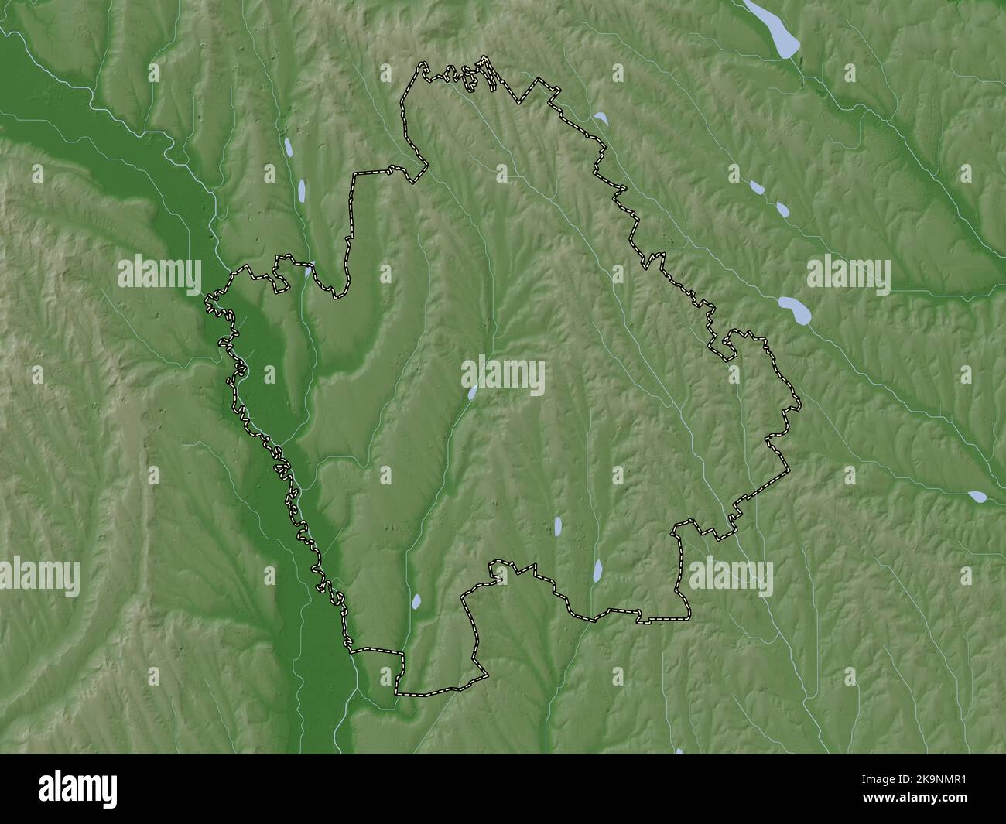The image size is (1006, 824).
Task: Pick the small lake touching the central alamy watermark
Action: pyautogui.click(x=471, y=392)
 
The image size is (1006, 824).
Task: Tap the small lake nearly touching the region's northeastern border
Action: pyautogui.click(x=600, y=118)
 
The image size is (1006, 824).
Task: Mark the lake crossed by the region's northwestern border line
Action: pyautogui.click(x=308, y=272)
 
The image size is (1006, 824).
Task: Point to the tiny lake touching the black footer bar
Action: pyautogui.click(x=679, y=750)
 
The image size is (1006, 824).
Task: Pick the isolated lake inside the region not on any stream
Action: pyautogui.click(x=558, y=527)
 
